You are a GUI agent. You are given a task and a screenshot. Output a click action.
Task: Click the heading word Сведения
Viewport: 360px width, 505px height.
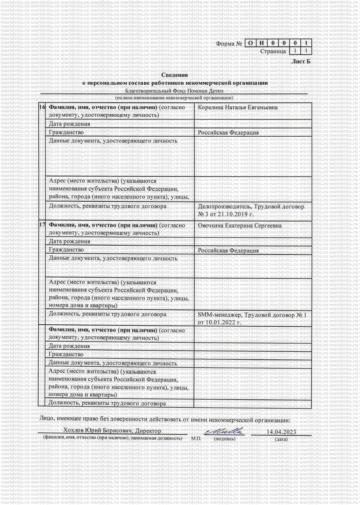pyautogui.click(x=174, y=75)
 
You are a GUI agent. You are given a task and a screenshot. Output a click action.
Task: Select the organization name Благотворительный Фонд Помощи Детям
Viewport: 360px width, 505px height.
pyautogui.click(x=174, y=91)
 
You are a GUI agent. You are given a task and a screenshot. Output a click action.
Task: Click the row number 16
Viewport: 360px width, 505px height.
pyautogui.click(x=42, y=107)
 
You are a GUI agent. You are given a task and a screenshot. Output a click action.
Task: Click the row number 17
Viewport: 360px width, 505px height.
pyautogui.click(x=42, y=225)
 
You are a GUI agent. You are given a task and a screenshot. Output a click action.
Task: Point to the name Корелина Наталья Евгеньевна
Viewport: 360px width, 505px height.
pyautogui.click(x=238, y=107)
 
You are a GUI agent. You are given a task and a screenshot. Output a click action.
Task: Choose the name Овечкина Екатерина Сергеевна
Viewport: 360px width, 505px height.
pyautogui.click(x=240, y=225)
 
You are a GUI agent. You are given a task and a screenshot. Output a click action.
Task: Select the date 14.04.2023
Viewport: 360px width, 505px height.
pyautogui.click(x=281, y=432)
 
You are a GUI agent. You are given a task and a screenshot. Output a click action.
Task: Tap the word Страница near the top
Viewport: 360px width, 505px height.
pyautogui.click(x=273, y=51)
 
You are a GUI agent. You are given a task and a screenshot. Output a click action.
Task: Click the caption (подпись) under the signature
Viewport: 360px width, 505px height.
pyautogui.click(x=224, y=438)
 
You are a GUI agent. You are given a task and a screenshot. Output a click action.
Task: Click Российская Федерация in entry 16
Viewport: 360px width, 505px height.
pyautogui.click(x=228, y=132)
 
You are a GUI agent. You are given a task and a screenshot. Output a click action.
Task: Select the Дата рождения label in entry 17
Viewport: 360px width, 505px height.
pyautogui.click(x=69, y=242)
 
